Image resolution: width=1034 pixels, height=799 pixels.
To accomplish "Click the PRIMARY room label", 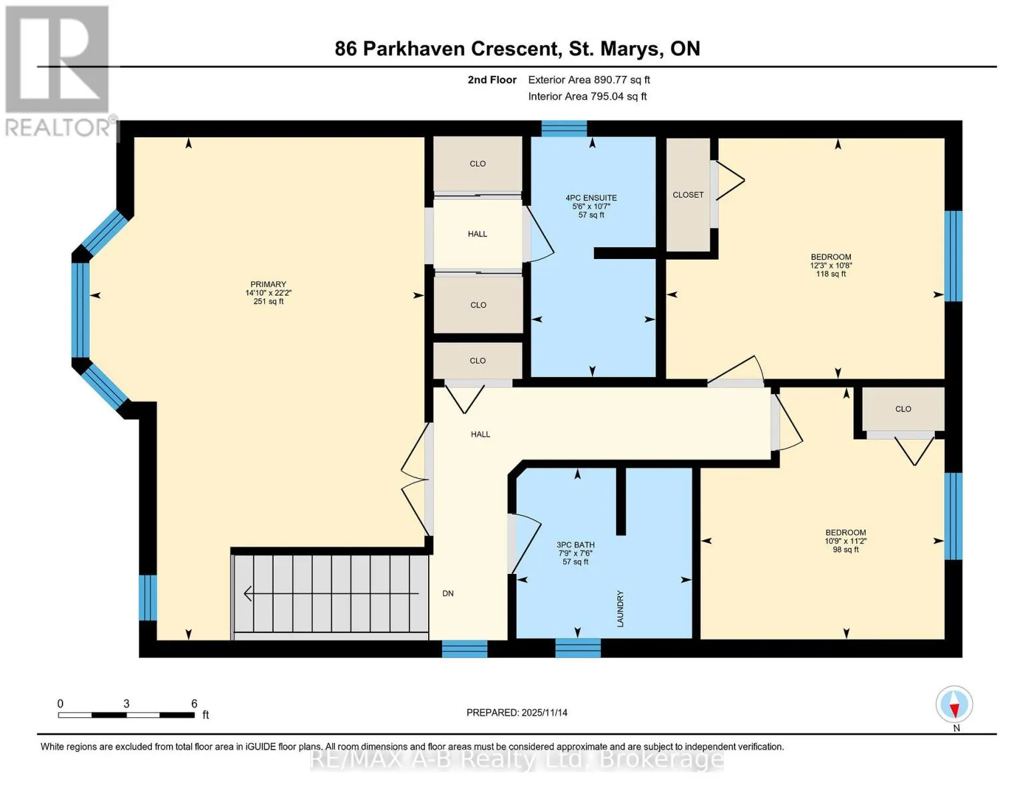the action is pos(268,284).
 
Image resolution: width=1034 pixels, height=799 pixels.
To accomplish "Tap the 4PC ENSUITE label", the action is pos(591,198).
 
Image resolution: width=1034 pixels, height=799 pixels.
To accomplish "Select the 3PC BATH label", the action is pos(575,545).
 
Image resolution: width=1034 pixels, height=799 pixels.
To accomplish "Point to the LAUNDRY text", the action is pos(620,609).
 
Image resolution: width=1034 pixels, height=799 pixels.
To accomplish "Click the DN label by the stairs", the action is pos(448,593).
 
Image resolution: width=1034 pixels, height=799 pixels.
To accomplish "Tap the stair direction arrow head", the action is pos(248,593).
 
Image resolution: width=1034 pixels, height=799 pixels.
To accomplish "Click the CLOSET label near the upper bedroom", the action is pos(688,194).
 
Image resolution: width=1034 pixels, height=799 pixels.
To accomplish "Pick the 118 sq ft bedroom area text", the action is pos(831,274).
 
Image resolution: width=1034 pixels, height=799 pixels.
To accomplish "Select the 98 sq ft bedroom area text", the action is pos(846,549).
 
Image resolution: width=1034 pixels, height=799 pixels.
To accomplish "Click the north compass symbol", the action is pos(954,704).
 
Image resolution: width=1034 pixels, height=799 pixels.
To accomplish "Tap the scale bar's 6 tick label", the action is pos(194,703).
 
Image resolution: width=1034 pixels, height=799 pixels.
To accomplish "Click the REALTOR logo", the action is pos(57,71).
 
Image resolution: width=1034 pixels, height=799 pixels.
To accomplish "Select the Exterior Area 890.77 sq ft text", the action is pos(589,80).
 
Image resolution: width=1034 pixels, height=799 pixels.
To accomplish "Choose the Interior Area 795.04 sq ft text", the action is pos(587,96).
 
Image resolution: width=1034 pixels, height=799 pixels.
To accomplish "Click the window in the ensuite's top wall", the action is pos(564,129).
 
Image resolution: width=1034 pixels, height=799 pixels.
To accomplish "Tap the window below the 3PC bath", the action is pos(578,648).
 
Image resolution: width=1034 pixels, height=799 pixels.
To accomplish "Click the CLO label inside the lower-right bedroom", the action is pos(903,409).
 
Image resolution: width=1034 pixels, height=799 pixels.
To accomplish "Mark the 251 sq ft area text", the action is pos(268,301).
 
